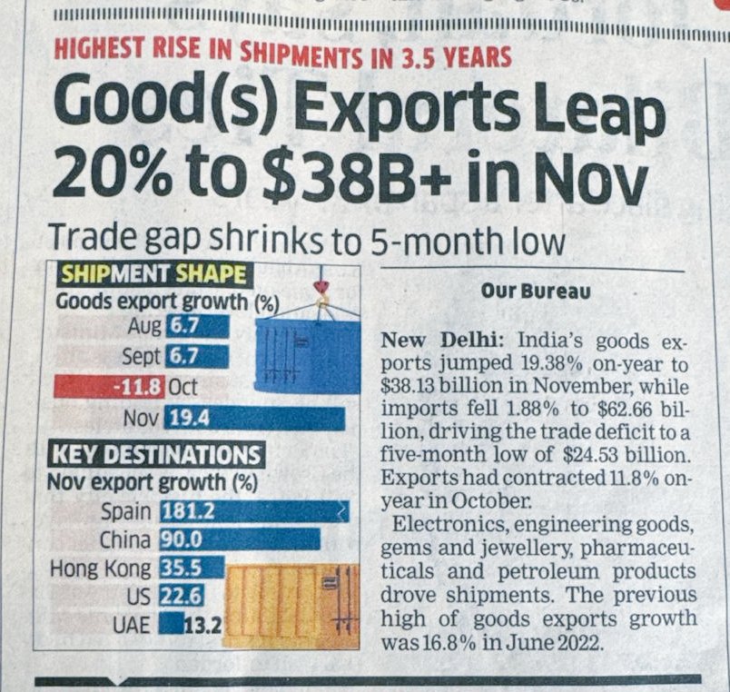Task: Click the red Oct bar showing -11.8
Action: tap(109, 387)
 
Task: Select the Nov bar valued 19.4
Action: tap(254, 419)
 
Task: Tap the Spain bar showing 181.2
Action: tap(253, 511)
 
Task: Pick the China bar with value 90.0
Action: tap(240, 539)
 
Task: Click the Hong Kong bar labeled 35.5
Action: tap(192, 568)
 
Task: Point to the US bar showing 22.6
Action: tap(181, 596)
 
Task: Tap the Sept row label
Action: tap(141, 356)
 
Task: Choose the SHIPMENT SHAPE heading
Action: tap(153, 274)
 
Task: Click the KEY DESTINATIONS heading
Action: tap(156, 454)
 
